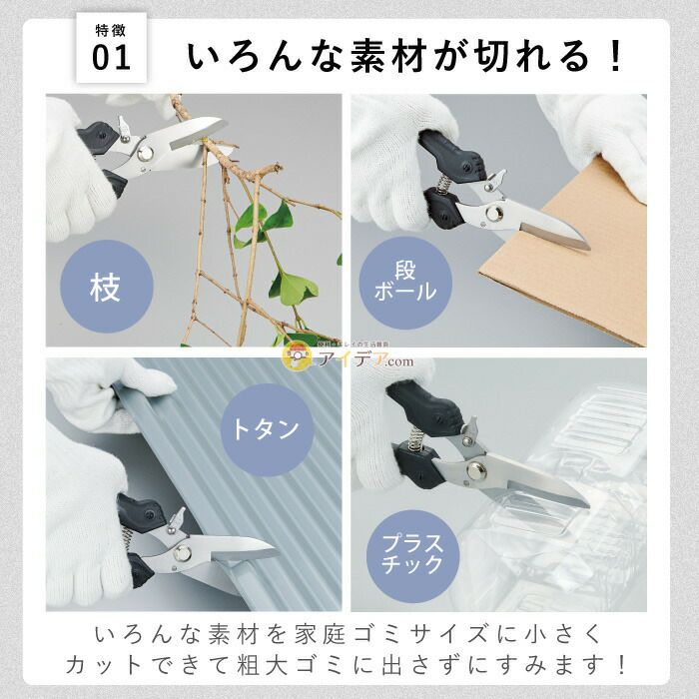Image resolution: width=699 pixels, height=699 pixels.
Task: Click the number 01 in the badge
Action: (111, 58)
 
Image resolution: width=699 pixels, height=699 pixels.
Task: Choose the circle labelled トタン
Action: (266, 430)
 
